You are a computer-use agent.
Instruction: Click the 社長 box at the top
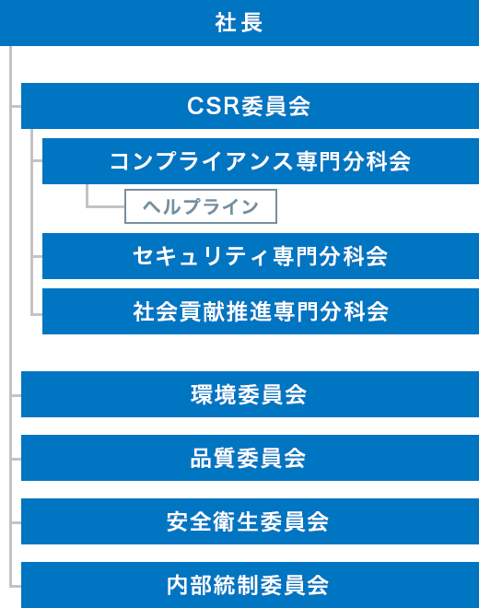click(x=239, y=22)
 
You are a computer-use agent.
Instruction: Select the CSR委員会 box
click(x=250, y=106)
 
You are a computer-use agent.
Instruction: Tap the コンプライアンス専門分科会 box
click(x=261, y=161)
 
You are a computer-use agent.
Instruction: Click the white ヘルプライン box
click(x=201, y=206)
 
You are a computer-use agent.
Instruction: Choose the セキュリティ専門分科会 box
click(x=261, y=256)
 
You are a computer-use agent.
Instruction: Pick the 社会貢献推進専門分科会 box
click(x=261, y=311)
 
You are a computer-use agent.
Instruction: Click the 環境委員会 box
click(x=250, y=394)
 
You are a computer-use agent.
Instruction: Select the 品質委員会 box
click(x=250, y=458)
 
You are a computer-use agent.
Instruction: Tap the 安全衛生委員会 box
click(x=250, y=521)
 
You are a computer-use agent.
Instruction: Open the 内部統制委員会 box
click(x=250, y=585)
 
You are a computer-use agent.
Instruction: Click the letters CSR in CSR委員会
click(x=213, y=105)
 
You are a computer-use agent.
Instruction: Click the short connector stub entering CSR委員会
click(x=17, y=106)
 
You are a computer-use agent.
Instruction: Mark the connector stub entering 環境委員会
click(x=17, y=395)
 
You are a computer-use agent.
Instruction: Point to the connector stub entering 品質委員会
click(x=17, y=459)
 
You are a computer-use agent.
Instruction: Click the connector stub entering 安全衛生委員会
click(x=17, y=522)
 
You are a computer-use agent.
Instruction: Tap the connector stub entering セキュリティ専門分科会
click(x=37, y=256)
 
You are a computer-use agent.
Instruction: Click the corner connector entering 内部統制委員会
click(x=11, y=586)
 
